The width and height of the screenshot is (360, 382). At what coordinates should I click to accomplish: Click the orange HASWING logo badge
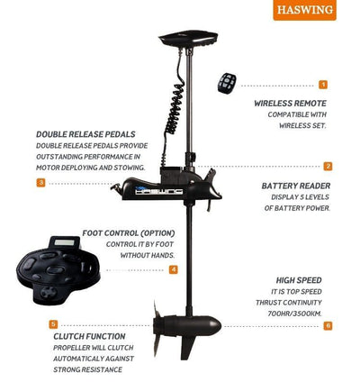pyautogui.click(x=304, y=10)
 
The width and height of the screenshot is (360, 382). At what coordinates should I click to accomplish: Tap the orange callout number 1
pyautogui.click(x=323, y=85)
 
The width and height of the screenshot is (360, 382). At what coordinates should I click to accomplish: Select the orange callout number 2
pyautogui.click(x=328, y=166)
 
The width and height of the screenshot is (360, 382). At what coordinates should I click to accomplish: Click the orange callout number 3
pyautogui.click(x=40, y=182)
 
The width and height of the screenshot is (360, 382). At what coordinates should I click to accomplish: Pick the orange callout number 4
pyautogui.click(x=174, y=269)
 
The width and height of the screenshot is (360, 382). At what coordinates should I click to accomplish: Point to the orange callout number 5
pyautogui.click(x=53, y=324)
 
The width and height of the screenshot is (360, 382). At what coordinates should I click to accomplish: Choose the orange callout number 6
pyautogui.click(x=328, y=325)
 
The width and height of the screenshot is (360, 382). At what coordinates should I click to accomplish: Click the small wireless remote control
pyautogui.click(x=227, y=83)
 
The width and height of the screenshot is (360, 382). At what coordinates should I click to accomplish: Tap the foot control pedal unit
pyautogui.click(x=58, y=270)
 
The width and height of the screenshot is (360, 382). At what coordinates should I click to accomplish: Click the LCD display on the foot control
pyautogui.click(x=64, y=242)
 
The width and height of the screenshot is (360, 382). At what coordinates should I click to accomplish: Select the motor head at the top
pyautogui.click(x=188, y=39)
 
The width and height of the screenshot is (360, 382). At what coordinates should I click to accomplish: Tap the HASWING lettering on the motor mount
pyautogui.click(x=159, y=191)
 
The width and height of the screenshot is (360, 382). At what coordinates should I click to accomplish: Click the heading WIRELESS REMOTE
pyautogui.click(x=290, y=104)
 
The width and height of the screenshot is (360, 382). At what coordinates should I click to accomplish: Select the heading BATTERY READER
pyautogui.click(x=296, y=186)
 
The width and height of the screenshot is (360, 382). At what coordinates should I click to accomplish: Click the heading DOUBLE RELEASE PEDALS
pyautogui.click(x=85, y=134)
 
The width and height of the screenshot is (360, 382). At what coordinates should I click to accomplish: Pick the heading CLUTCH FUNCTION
pyautogui.click(x=89, y=336)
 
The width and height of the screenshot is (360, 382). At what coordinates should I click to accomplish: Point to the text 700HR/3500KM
pyautogui.click(x=294, y=314)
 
